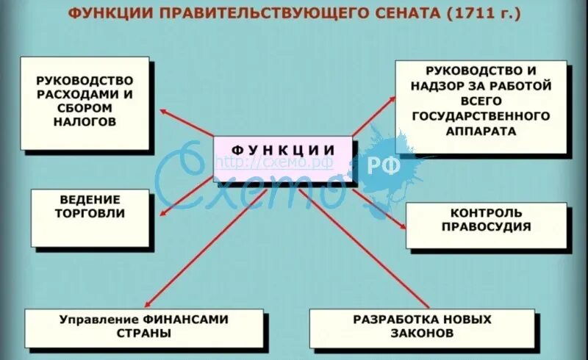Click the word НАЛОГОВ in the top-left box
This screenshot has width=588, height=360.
85,122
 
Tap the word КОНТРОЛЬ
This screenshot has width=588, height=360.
487,212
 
